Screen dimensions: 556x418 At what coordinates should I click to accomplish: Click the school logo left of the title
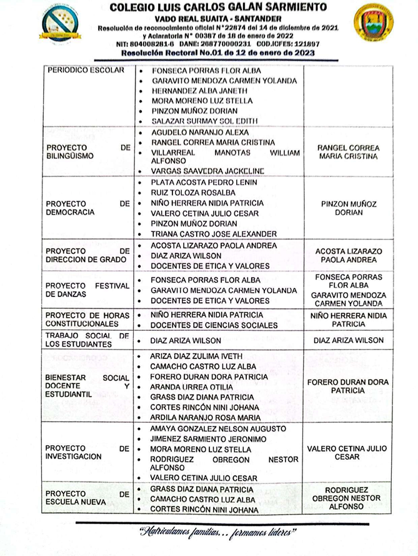61,24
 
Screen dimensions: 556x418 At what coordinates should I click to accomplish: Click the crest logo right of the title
373,24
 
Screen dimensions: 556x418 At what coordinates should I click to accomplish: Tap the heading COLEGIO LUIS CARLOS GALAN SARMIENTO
217,8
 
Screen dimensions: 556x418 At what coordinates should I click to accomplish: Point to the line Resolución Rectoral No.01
217,53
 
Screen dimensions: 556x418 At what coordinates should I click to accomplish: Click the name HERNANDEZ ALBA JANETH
199,91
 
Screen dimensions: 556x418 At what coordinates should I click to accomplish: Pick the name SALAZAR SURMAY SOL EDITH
204,121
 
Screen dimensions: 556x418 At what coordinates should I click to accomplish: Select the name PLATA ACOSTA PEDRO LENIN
204,183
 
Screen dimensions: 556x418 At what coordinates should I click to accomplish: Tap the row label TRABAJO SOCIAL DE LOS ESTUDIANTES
88,340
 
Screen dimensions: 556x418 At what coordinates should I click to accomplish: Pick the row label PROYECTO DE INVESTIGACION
88,453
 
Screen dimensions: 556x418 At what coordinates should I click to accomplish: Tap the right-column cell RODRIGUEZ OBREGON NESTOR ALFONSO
348,498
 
